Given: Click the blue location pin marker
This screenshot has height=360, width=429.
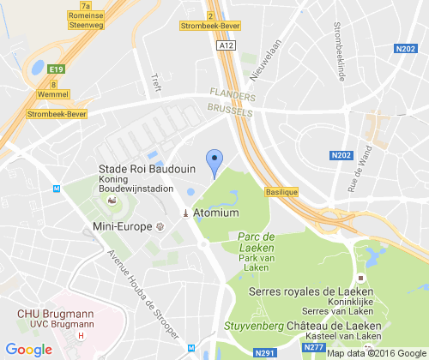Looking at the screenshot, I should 216,161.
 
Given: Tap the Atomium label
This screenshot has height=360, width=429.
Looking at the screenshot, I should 214,213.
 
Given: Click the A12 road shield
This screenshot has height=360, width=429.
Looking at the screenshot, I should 225,45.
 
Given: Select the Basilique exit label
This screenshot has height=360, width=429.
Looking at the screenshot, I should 281,193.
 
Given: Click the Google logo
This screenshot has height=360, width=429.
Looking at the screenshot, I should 28,349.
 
